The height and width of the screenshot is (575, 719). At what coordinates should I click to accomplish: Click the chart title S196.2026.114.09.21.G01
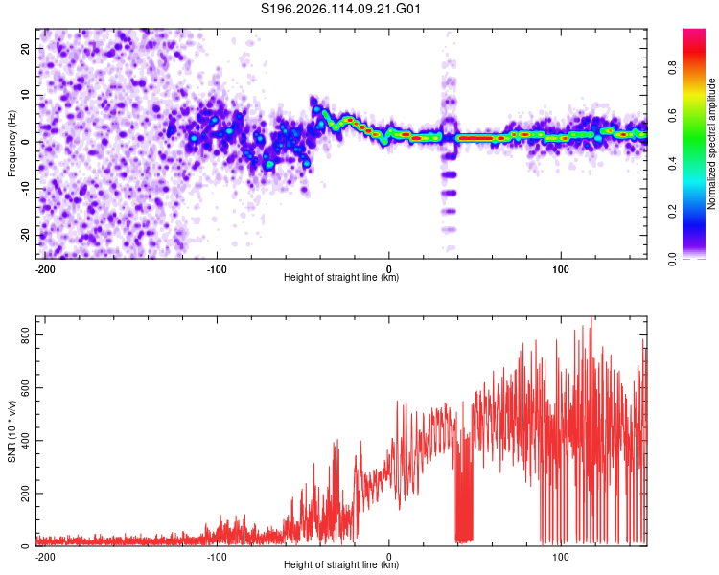click(340, 9)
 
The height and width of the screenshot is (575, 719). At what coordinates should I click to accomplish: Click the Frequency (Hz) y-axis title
click(12, 144)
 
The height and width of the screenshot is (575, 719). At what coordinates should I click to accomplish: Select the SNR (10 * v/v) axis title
click(12, 431)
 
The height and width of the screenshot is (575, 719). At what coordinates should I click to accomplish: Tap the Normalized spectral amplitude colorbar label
click(711, 144)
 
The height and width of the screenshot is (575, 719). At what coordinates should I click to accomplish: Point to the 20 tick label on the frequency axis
click(26, 49)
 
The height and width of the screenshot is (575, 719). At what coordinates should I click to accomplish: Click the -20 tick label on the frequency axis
click(26, 235)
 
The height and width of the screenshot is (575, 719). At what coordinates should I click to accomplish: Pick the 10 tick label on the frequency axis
click(26, 95)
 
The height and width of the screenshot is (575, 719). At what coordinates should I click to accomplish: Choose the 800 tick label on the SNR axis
click(26, 335)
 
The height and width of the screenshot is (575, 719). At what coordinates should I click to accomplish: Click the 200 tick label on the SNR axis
click(26, 494)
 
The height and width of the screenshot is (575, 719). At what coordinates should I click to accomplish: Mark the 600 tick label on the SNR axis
click(26, 388)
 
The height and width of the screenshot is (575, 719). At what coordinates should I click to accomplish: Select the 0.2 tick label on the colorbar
click(673, 212)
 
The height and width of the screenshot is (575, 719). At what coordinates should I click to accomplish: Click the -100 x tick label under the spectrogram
click(217, 269)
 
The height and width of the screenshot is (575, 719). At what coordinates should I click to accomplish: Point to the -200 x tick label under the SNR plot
click(44, 557)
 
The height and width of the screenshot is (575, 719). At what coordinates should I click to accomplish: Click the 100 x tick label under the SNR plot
click(561, 557)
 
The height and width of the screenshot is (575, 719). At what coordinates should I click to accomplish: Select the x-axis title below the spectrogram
click(341, 277)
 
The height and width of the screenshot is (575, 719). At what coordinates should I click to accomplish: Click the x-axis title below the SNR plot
click(341, 564)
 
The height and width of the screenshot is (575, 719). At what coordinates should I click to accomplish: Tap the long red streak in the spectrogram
click(475, 138)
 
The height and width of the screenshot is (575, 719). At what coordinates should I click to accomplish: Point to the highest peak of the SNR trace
click(591, 317)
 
